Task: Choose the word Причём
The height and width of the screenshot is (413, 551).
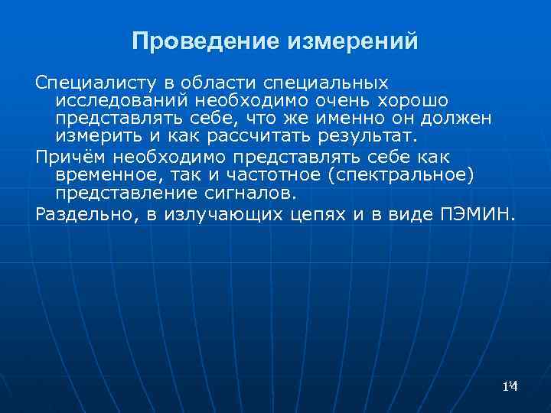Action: (x=70, y=158)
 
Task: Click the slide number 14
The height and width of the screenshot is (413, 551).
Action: (x=511, y=388)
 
